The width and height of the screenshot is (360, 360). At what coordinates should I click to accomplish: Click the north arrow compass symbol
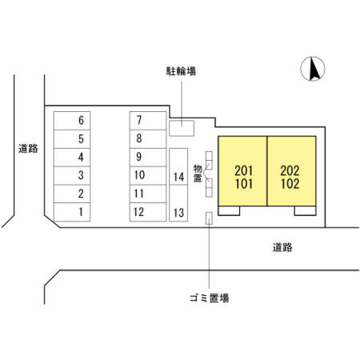313,69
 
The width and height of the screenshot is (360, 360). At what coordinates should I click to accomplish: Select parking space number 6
72,121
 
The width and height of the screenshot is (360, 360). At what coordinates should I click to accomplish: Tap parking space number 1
72,212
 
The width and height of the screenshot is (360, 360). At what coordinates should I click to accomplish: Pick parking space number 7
148,121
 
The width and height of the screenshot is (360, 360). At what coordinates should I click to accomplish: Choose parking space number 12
148,212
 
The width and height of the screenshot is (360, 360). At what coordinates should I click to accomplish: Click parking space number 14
178,166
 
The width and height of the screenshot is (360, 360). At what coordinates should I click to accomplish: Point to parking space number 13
178,203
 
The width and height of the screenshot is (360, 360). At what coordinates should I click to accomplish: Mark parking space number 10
148,175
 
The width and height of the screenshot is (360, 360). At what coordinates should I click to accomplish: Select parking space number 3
72,175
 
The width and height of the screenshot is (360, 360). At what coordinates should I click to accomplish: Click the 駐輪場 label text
181,71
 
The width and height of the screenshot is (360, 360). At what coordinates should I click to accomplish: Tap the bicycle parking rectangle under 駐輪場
182,128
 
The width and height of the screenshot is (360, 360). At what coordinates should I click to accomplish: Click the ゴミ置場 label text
210,298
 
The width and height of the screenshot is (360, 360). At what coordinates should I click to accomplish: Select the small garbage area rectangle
209,218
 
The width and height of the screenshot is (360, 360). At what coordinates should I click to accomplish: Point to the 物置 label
198,174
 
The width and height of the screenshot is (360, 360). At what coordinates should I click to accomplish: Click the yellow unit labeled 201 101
242,171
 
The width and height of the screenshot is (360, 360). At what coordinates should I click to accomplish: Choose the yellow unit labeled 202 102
292,171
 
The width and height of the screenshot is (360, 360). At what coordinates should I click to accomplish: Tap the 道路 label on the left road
28,149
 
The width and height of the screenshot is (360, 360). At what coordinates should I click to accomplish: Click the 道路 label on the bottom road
282,248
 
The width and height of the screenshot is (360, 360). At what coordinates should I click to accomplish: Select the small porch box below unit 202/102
306,210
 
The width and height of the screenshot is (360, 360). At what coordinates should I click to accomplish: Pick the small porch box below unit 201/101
229,210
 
